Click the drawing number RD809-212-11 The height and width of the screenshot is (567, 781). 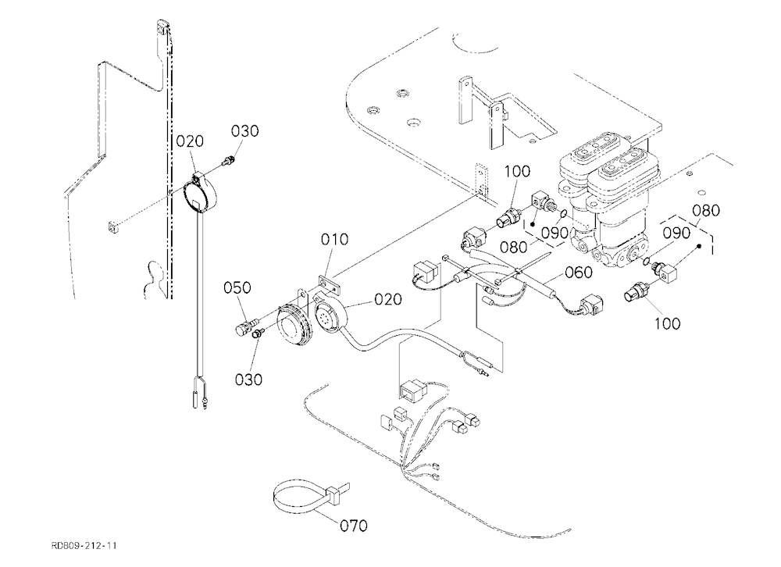click(84, 546)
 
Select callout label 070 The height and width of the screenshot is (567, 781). click(354, 526)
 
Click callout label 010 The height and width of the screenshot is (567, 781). click(334, 240)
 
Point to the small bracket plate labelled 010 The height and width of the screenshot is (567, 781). click(328, 284)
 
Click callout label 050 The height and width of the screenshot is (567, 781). click(237, 288)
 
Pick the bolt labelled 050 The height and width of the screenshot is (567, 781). click(243, 327)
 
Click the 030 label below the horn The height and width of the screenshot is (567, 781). click(248, 380)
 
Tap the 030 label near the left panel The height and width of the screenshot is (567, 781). click(245, 131)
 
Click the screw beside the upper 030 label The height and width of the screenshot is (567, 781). click(229, 161)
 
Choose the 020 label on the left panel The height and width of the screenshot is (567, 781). click(191, 141)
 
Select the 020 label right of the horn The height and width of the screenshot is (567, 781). click(388, 299)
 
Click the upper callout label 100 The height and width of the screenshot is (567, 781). click(517, 172)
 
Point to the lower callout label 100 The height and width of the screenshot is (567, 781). click(668, 324)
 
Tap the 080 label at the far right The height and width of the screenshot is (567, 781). click(706, 211)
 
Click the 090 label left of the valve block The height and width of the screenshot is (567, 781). click(555, 234)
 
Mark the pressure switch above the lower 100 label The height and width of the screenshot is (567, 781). click(637, 292)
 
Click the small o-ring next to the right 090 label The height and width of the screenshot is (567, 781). click(647, 261)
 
